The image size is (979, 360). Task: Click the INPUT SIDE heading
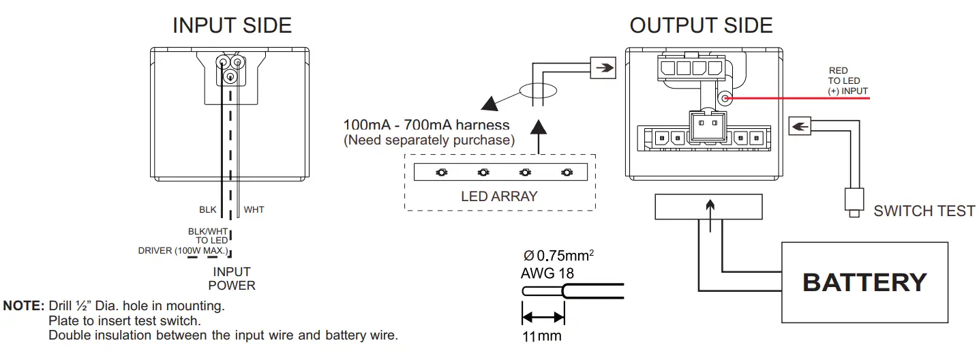pos(232,25)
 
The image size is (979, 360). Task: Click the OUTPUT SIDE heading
pos(701,25)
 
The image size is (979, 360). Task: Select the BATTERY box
pos(864,282)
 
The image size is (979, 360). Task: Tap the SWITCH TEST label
pos(924,211)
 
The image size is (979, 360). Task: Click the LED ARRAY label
pos(499,196)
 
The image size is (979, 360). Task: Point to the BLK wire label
pos(207,209)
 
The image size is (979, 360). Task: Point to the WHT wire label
pos(254,209)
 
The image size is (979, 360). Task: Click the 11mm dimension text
pos(543,336)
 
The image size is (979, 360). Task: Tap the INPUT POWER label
pos(232,279)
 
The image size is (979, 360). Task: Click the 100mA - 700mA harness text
pos(426,125)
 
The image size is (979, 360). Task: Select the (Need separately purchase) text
pos(428,140)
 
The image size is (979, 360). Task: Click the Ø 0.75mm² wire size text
pos(558,256)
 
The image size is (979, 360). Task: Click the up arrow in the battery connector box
pos(710,206)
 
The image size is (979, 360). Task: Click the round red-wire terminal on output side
pos(726,99)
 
